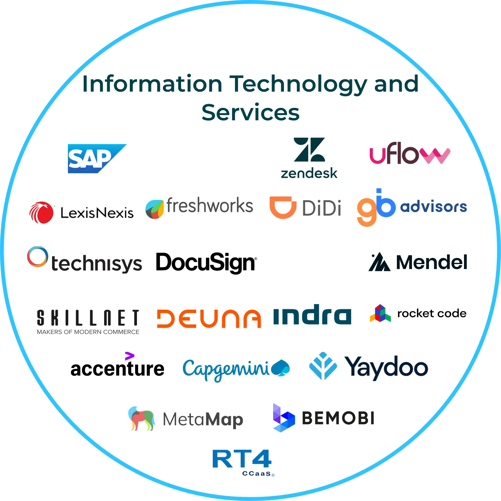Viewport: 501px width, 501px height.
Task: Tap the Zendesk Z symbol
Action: (309, 149)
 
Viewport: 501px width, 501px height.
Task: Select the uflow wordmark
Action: (410, 153)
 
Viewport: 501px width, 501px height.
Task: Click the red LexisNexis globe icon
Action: (41, 212)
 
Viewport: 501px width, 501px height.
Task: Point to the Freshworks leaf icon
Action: (155, 209)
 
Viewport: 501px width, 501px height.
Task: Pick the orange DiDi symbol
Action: (283, 207)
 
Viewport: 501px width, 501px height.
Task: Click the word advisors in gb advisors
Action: (433, 207)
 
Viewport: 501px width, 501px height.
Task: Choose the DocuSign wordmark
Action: (206, 263)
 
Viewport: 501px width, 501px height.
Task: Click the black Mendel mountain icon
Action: (379, 262)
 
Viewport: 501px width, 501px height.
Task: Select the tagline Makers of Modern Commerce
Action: (88, 332)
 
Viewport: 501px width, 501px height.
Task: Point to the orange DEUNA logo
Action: (209, 318)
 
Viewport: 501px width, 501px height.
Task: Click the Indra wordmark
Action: (312, 315)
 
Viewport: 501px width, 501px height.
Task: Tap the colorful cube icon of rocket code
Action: (380, 313)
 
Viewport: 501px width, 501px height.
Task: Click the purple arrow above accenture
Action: (129, 356)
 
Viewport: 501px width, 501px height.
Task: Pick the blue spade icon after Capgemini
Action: (280, 368)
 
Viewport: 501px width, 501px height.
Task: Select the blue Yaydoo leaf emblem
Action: (323, 366)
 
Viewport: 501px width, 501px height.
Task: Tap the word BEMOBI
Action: (338, 418)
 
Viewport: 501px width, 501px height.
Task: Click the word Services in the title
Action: (250, 112)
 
